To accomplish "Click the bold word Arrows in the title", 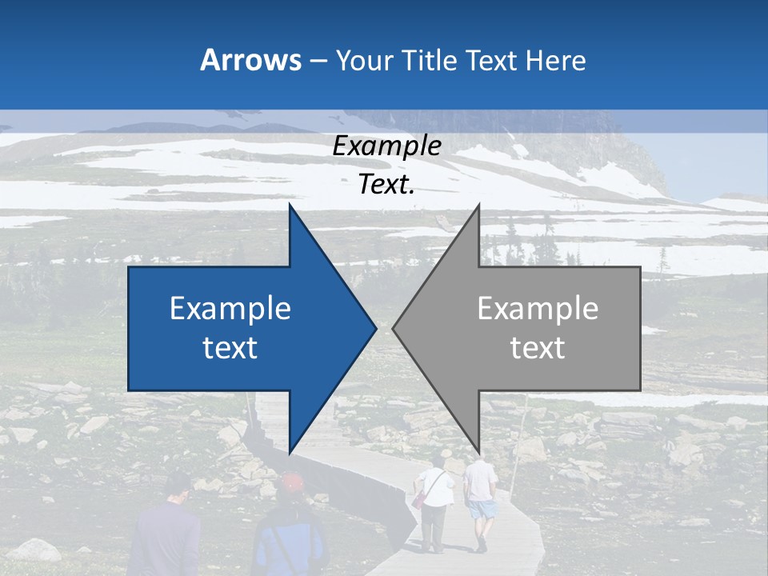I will point(250,60).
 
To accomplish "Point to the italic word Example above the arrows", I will point(387,146).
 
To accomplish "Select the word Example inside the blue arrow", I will point(230,308).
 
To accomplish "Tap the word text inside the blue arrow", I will point(230,348).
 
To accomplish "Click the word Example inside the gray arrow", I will point(538,308).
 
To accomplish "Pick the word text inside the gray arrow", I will point(538,348).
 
